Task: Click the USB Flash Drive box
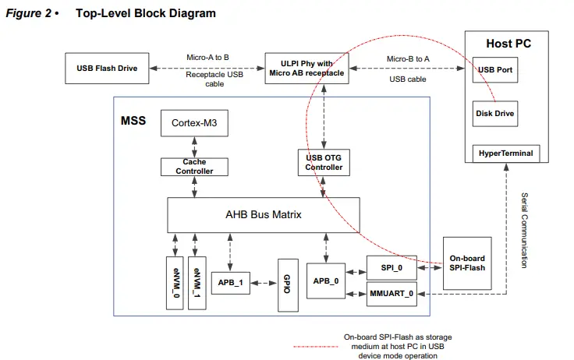(x=107, y=69)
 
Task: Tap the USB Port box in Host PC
(x=495, y=70)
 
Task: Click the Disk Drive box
(x=495, y=113)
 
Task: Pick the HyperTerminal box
(x=506, y=154)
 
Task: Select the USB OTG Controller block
(x=324, y=162)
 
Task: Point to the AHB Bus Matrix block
(x=264, y=214)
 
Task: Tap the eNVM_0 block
(x=175, y=282)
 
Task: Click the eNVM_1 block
(x=197, y=282)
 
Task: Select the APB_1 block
(x=230, y=282)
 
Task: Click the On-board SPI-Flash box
(x=468, y=263)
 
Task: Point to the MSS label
(x=133, y=122)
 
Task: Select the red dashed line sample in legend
(x=315, y=346)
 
